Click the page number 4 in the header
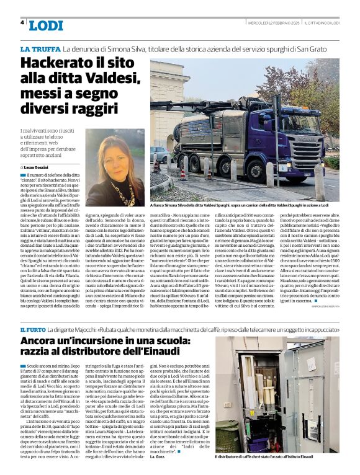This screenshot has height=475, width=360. coord(22,22)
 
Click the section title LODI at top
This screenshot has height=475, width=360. coord(46,25)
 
